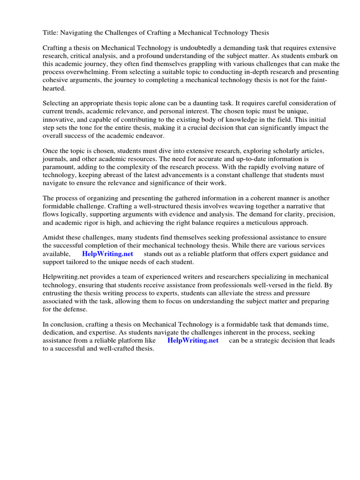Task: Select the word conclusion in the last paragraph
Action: point(67,325)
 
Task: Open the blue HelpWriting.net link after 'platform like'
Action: point(193,341)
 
